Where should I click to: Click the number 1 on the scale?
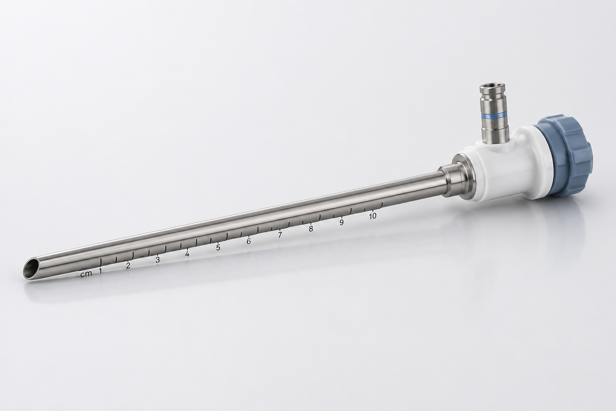pos(100,271)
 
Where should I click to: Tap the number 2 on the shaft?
pos(128,266)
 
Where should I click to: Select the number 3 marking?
pos(158,260)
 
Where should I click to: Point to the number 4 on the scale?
pos(187,254)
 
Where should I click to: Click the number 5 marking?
pos(218,248)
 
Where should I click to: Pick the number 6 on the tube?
pos(249,242)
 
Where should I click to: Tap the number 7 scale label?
pos(280,235)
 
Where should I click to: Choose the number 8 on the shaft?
pos(311,229)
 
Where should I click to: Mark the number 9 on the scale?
pos(342,222)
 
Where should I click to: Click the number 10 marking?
pos(373,216)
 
